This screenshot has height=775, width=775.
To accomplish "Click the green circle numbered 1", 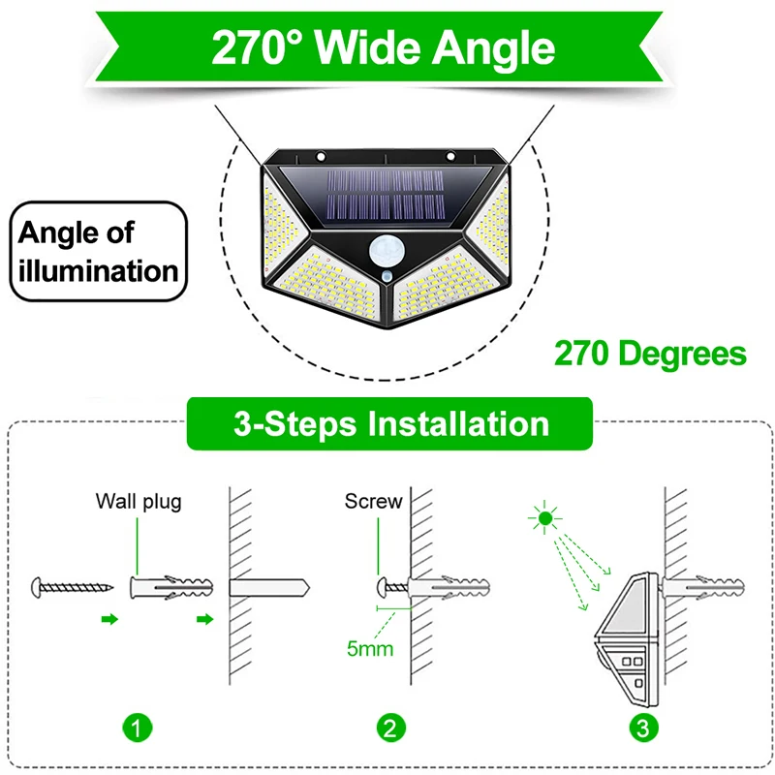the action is tap(138, 728).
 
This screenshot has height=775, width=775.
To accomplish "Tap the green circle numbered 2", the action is tap(390, 728).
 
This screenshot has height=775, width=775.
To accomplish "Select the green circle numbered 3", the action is tap(643, 728).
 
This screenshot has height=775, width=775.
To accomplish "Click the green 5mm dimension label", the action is tap(370, 648).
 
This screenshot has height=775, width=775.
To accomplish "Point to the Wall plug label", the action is tap(139, 502).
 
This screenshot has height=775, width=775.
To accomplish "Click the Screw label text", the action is tap(374, 501).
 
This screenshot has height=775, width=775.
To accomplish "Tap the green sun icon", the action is tap(544, 518).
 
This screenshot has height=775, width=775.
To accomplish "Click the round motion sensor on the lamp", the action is tap(387, 251).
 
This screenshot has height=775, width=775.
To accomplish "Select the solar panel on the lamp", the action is tap(386, 197).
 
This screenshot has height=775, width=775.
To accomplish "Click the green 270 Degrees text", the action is tap(650, 354).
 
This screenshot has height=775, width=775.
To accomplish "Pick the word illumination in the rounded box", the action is tap(99, 271).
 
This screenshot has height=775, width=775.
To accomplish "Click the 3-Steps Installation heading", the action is tap(391, 423).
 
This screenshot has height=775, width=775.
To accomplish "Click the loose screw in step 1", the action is tap(72, 587).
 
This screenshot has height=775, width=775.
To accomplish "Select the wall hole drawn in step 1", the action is tap(269, 588).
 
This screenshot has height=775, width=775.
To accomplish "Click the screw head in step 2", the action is tap(383, 587).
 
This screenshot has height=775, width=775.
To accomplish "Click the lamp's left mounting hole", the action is tap(321, 157).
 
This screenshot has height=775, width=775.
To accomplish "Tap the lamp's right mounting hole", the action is tap(450, 157).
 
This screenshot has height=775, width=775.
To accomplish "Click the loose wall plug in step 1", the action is tap(171, 587).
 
